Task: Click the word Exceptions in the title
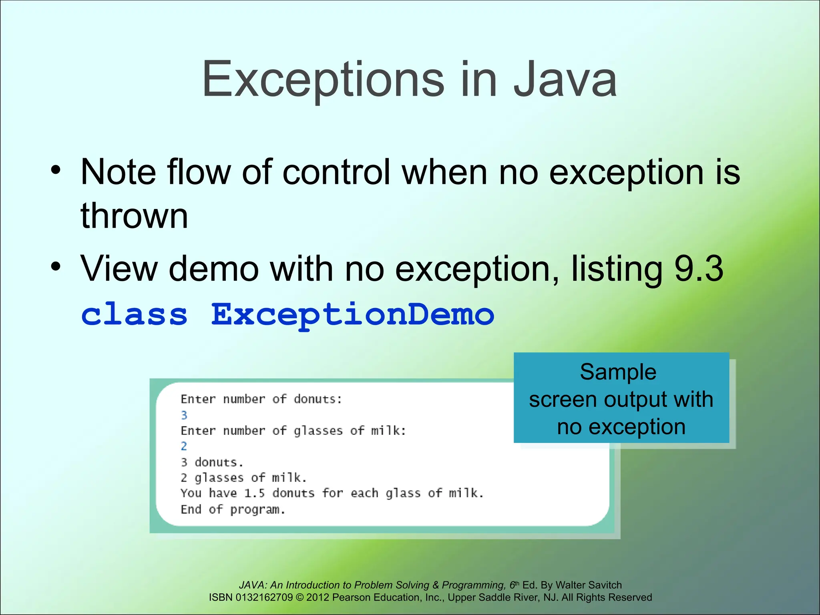pyautogui.click(x=323, y=80)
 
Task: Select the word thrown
pyautogui.click(x=134, y=216)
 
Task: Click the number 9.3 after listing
pyautogui.click(x=699, y=269)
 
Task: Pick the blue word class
pyautogui.click(x=135, y=314)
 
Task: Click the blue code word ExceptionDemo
pyautogui.click(x=353, y=315)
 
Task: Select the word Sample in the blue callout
pyautogui.click(x=618, y=372)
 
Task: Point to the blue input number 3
pyautogui.click(x=184, y=415)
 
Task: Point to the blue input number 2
pyautogui.click(x=184, y=446)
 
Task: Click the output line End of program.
pyautogui.click(x=233, y=510)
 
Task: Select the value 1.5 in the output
pyautogui.click(x=254, y=493)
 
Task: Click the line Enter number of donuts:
pyautogui.click(x=261, y=399)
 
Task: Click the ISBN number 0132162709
pyautogui.click(x=264, y=597)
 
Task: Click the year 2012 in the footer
pyautogui.click(x=318, y=597)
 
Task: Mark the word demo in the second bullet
pyautogui.click(x=214, y=269)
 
